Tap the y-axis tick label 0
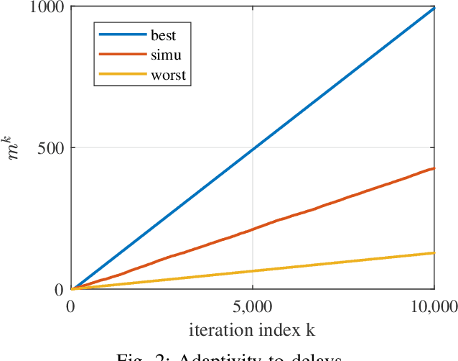(x=60, y=290)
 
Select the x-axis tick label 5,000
(x=252, y=306)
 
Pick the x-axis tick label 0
(x=71, y=306)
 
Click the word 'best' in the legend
(x=164, y=35)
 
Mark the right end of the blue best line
(x=434, y=8)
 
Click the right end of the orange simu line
(x=434, y=168)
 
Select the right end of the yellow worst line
(x=434, y=252)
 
